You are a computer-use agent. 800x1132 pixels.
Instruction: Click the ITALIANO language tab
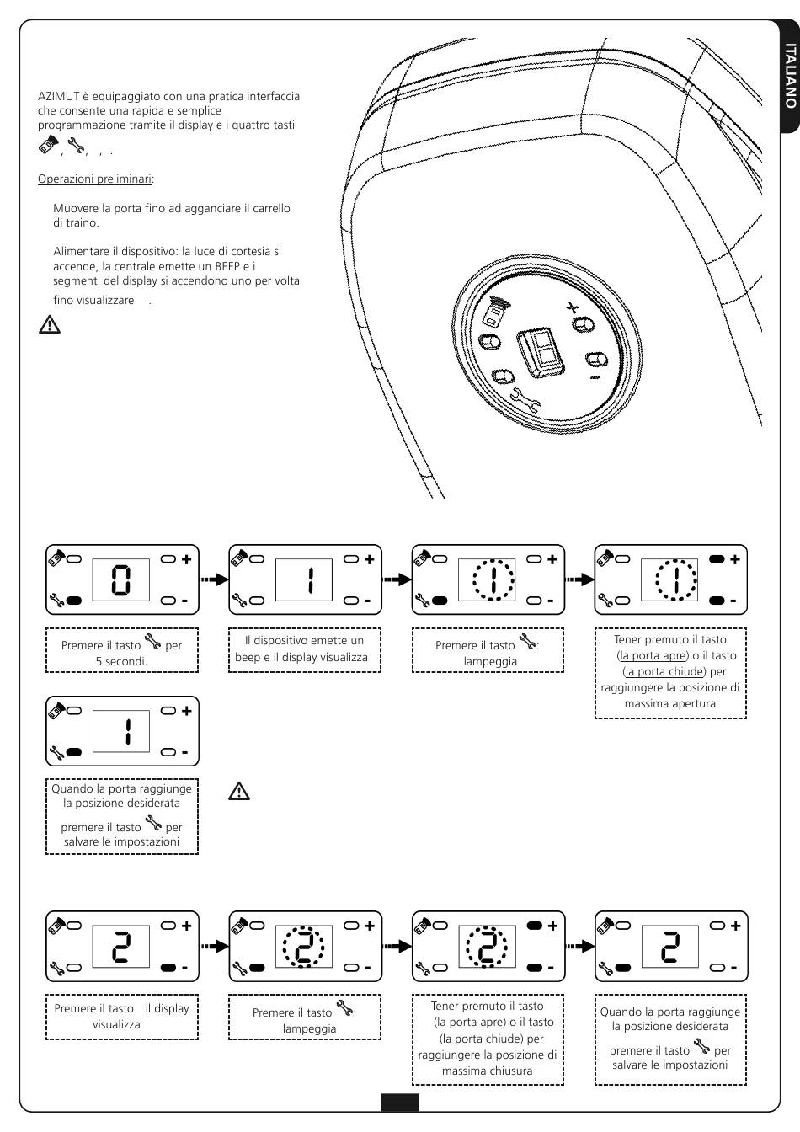click(x=789, y=75)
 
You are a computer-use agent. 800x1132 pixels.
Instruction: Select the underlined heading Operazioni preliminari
click(x=95, y=179)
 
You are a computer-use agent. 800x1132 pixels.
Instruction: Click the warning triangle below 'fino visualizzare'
click(x=50, y=324)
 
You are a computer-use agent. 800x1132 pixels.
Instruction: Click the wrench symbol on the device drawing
click(x=526, y=398)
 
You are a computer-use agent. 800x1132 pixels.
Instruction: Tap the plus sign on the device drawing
click(x=573, y=306)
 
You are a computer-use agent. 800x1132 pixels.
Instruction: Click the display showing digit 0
click(x=121, y=579)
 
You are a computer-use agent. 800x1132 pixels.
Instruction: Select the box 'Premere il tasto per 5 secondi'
click(x=121, y=649)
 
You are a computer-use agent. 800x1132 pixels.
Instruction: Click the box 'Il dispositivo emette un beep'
click(x=304, y=649)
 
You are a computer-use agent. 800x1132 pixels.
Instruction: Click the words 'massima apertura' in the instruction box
click(x=670, y=703)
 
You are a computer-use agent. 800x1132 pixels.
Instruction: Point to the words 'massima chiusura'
click(x=488, y=1071)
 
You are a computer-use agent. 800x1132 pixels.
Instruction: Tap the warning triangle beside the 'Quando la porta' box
click(x=240, y=792)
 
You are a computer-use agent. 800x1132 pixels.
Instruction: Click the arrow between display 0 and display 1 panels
click(x=212, y=579)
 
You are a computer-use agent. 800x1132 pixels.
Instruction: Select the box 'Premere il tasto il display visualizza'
click(x=121, y=1017)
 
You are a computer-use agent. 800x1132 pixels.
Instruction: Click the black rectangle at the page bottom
click(x=399, y=1103)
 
